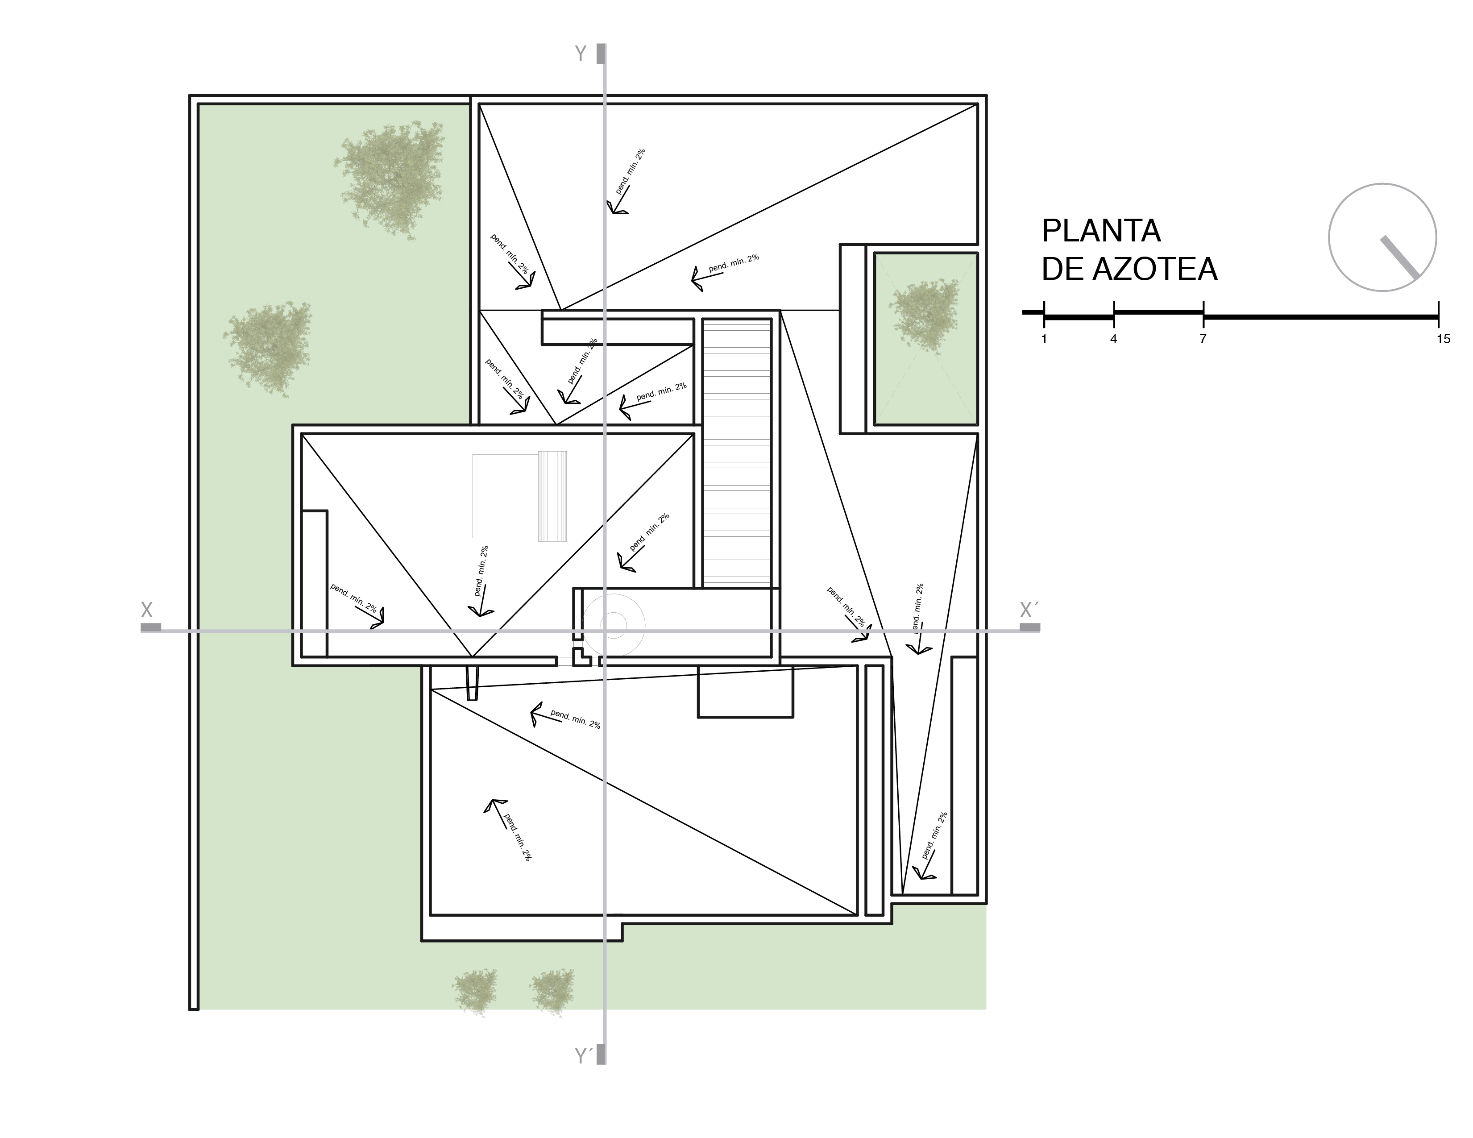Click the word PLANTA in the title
1101,231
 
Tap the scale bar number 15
1443,339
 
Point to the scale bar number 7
1203,339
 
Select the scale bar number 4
1113,339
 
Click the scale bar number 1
1044,339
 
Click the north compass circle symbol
1382,237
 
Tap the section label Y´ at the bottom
583,1056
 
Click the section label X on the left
146,611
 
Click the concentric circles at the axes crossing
614,625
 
